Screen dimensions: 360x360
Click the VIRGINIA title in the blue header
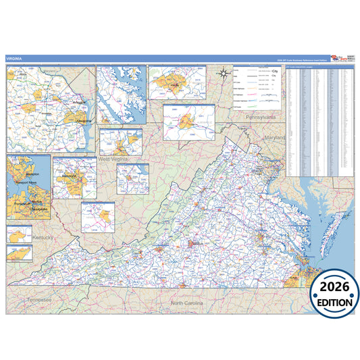point(14,59)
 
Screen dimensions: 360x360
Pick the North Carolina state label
point(187,303)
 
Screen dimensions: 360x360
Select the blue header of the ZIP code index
point(320,67)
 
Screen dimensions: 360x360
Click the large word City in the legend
point(275,70)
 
